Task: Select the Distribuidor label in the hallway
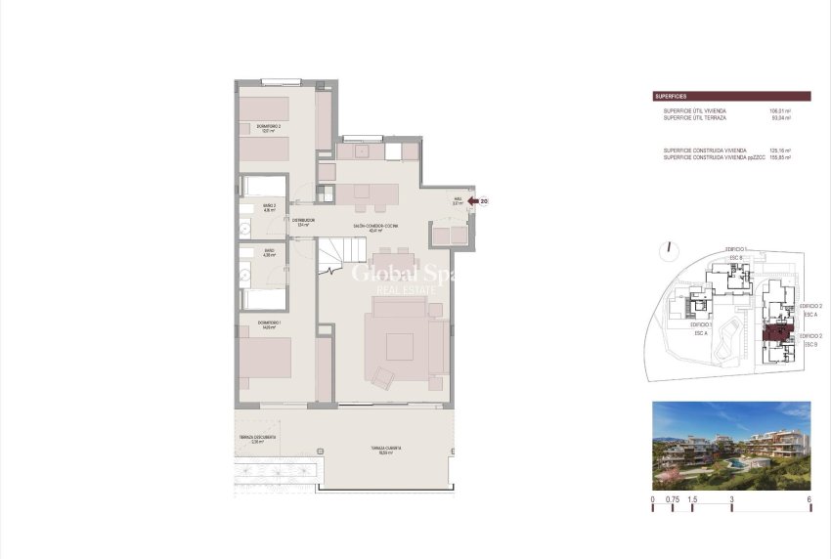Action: tap(302, 222)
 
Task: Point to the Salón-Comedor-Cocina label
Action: tap(376, 227)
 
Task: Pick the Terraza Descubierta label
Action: tap(257, 439)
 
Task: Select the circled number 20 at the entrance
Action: tap(484, 201)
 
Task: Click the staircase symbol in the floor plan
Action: tap(333, 256)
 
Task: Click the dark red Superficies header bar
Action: tap(731, 97)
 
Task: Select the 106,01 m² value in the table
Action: tap(780, 111)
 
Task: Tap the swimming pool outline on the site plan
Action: tap(727, 341)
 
